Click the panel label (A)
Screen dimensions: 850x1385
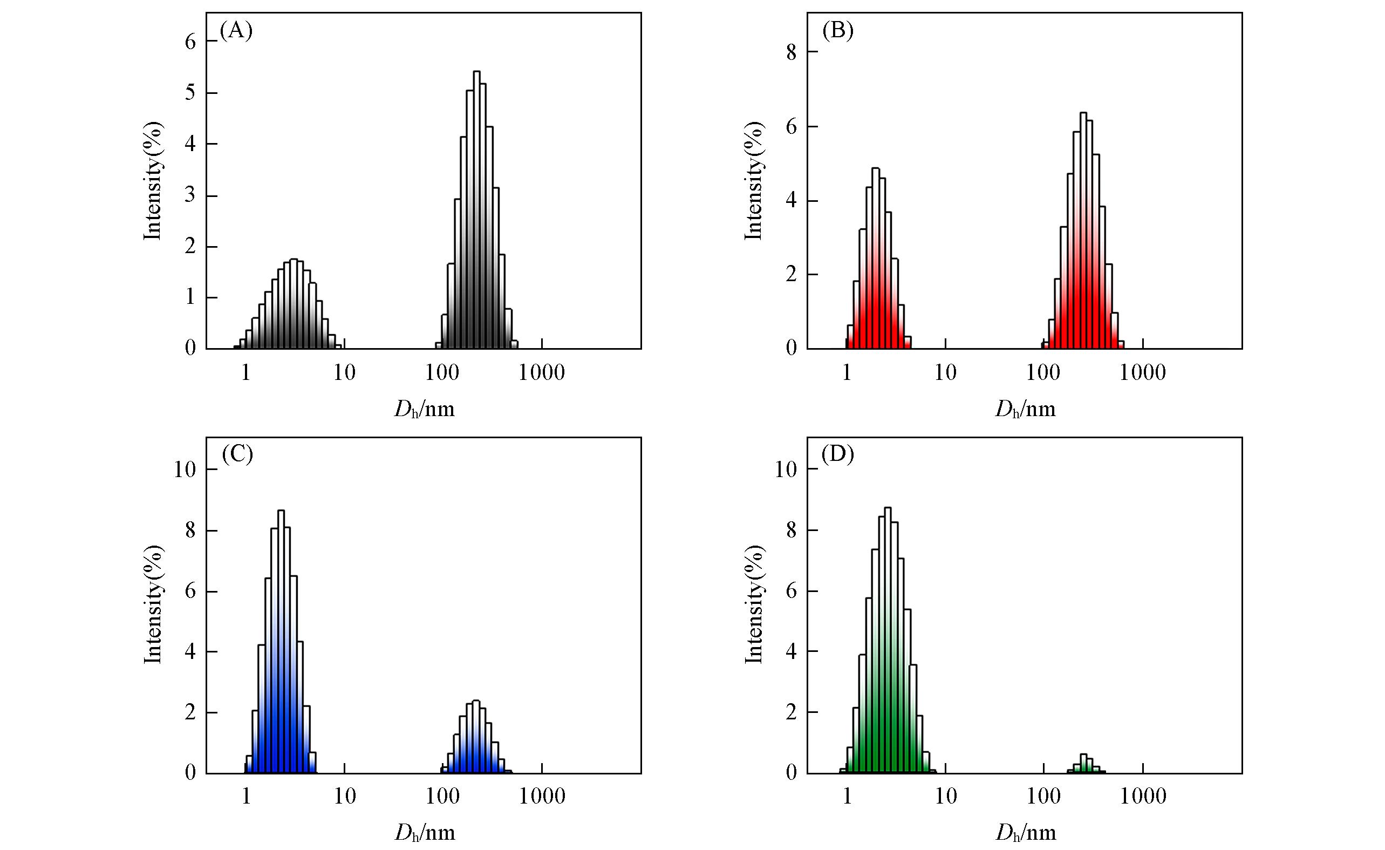point(236,31)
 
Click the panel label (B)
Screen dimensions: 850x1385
point(837,31)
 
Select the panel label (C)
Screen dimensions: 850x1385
point(237,454)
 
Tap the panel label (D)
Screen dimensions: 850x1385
point(837,454)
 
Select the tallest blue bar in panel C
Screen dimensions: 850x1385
point(281,641)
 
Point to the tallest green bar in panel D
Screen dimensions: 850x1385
point(888,641)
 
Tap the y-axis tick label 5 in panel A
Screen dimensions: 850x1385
point(190,93)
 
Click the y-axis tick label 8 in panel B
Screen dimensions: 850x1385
point(792,52)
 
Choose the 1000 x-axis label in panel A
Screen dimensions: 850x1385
point(541,373)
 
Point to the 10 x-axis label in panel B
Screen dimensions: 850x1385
point(945,373)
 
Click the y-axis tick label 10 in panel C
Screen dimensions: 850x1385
point(185,470)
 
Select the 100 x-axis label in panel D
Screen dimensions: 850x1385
point(1043,796)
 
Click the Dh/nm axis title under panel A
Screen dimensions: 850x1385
point(425,409)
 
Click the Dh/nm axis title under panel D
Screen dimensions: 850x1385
point(1025,833)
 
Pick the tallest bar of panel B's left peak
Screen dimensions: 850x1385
point(875,259)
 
